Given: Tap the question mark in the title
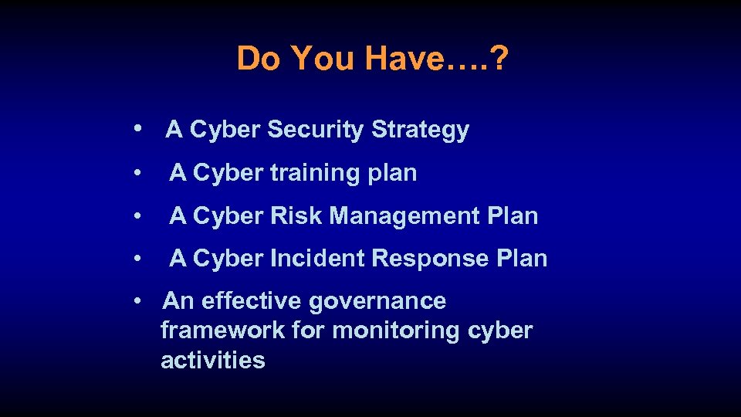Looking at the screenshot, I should tap(500, 58).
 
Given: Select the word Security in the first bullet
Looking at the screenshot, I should tap(316, 130).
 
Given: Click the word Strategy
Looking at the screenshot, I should tap(420, 131).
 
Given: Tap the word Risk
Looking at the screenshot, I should tap(297, 215).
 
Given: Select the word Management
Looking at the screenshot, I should tap(405, 216).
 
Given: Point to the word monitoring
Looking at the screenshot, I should tap(396, 331).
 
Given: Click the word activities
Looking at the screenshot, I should tap(213, 360).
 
